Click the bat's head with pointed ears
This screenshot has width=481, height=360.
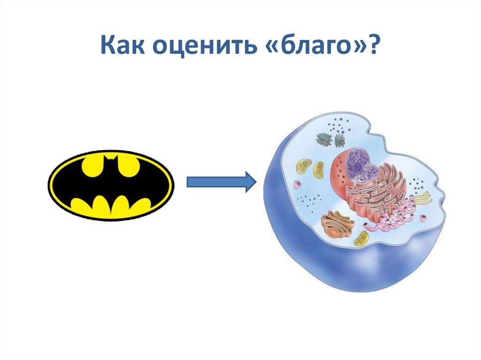[x=111, y=166]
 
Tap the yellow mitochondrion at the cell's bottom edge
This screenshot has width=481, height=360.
[x=362, y=238]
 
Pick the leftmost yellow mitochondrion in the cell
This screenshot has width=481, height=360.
[x=304, y=165]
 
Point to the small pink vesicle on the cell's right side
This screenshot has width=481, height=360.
[x=423, y=217]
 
